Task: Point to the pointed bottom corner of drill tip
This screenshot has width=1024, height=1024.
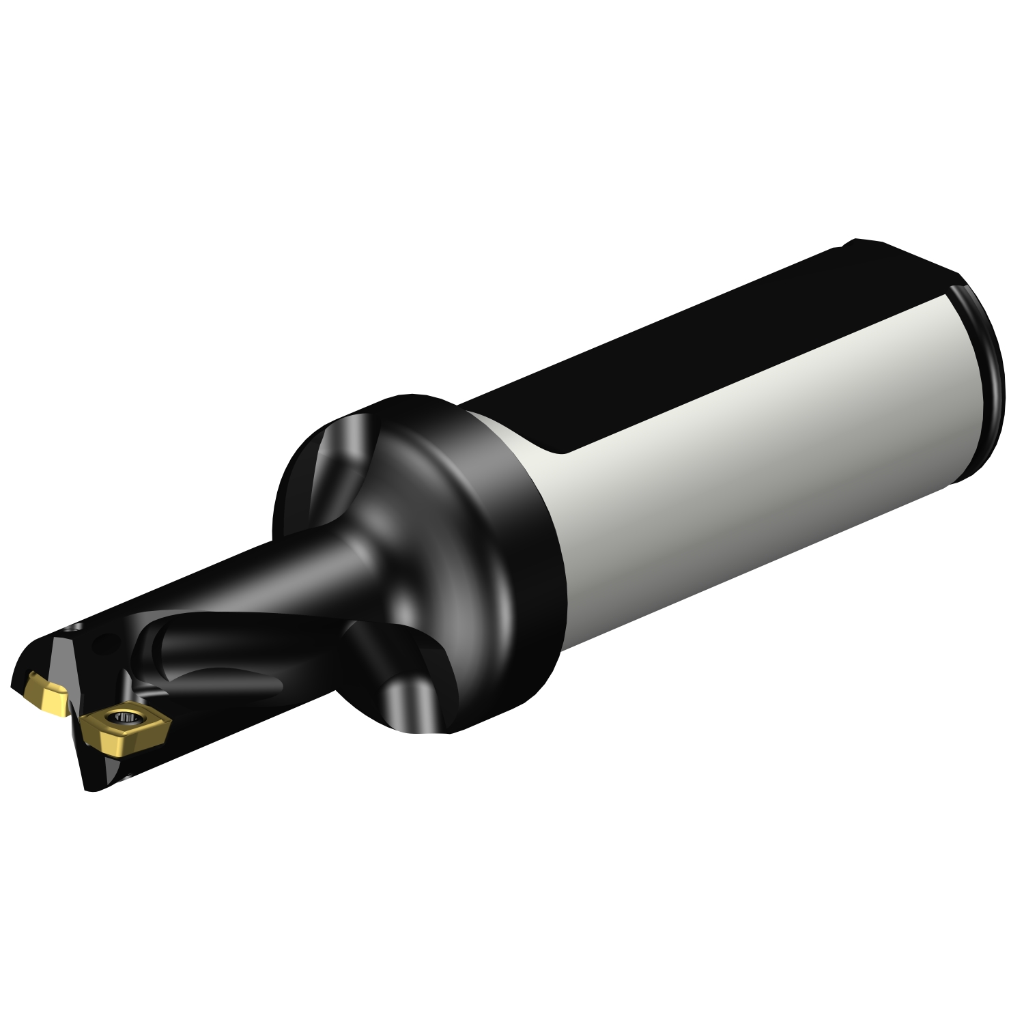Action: pos(89,785)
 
